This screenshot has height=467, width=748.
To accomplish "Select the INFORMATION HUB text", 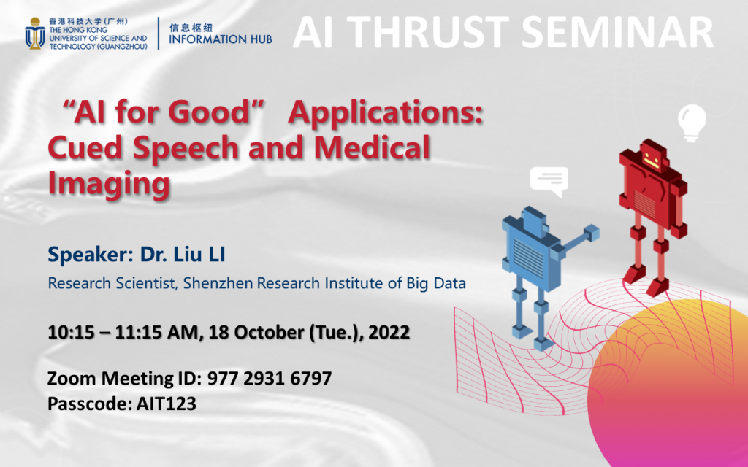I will coord(220,39).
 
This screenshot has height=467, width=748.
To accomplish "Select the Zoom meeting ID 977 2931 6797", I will coord(270,379).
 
